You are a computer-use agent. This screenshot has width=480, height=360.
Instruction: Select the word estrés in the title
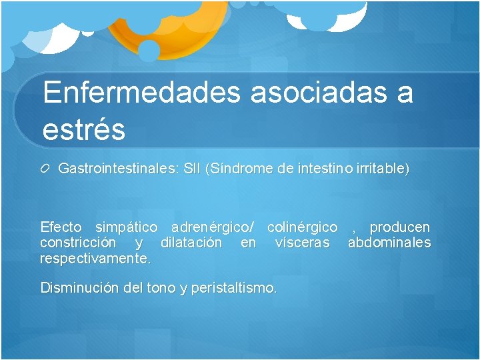pyautogui.click(x=83, y=129)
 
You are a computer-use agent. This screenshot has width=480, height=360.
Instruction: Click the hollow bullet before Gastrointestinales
pyautogui.click(x=46, y=169)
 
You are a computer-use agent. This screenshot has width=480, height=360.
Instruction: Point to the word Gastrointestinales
pyautogui.click(x=118, y=169)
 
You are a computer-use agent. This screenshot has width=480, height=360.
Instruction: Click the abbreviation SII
pyautogui.click(x=192, y=169)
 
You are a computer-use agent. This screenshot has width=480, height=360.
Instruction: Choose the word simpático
pyautogui.click(x=127, y=227)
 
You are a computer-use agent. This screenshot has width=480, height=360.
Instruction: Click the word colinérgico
pyautogui.click(x=302, y=227)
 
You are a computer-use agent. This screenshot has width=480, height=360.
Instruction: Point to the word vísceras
pyautogui.click(x=302, y=243)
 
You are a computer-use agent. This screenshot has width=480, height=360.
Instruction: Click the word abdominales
pyautogui.click(x=389, y=243)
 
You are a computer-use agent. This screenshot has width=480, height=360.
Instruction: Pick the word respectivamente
pyautogui.click(x=96, y=258)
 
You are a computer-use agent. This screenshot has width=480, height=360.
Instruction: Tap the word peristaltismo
pyautogui.click(x=233, y=289)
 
